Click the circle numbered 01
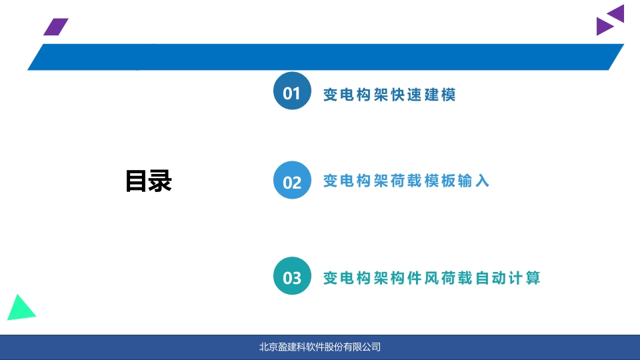click(292, 91)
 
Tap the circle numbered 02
click(292, 180)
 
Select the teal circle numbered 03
click(292, 276)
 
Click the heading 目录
click(149, 181)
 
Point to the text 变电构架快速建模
click(389, 95)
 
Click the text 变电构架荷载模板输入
click(406, 181)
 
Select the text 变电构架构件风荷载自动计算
click(432, 278)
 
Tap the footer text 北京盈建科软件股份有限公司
click(320, 347)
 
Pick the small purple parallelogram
click(56, 27)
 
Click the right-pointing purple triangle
click(605, 26)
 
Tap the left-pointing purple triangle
click(616, 13)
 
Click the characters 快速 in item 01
click(406, 95)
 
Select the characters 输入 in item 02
click(473, 181)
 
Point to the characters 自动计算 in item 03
click(508, 278)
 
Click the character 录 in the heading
click(161, 181)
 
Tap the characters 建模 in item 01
click(440, 95)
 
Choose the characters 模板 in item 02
click(440, 181)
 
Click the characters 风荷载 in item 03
click(449, 278)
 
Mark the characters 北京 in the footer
click(269, 347)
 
